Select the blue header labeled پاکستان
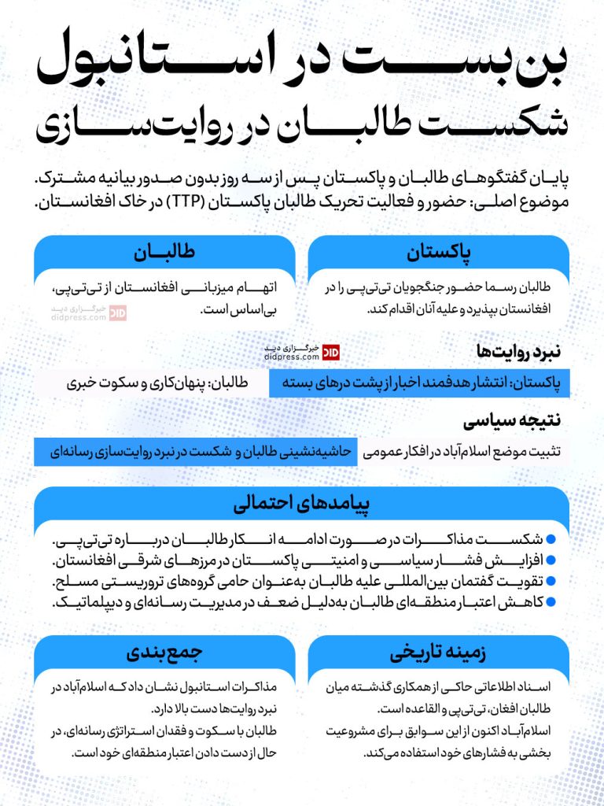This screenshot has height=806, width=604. point(438,254)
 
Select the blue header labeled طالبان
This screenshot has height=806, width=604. point(164,254)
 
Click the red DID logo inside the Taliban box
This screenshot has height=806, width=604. point(118,312)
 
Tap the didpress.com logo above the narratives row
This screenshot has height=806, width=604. point(303,352)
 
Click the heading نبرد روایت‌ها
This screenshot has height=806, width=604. point(518,350)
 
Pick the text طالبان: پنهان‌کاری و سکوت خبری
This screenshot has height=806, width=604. point(157,383)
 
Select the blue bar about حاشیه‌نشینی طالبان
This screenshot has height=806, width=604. point(197,453)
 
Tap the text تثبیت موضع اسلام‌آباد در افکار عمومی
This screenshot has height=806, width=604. point(464,453)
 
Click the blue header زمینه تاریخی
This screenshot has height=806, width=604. point(438,654)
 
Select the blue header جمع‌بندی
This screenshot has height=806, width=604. point(164,654)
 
